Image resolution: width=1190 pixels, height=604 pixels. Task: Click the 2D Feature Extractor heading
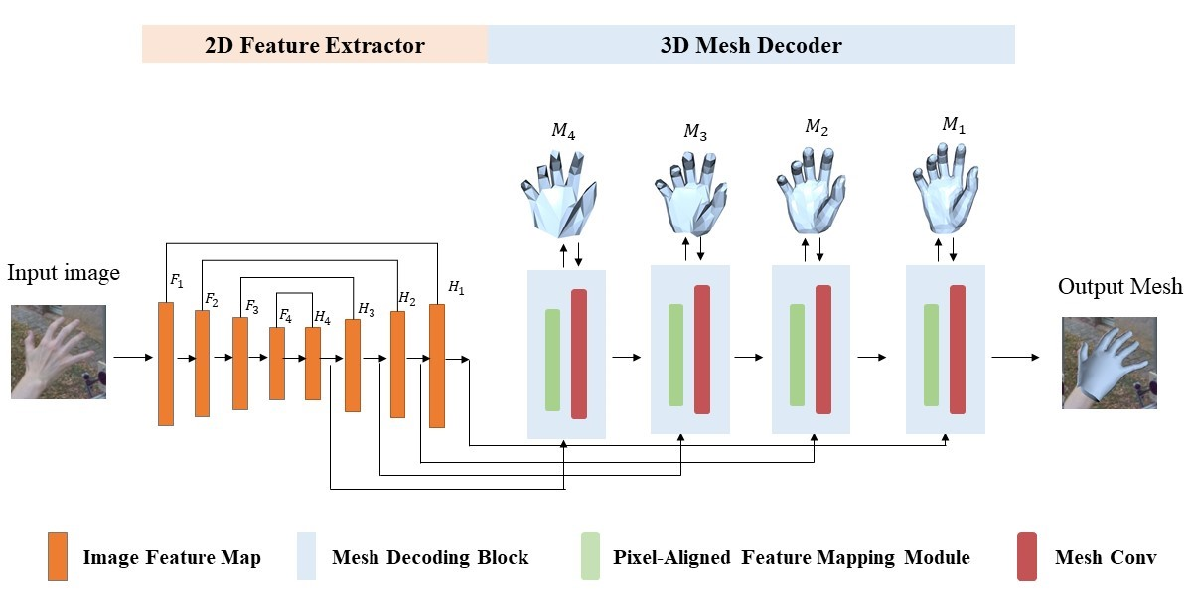314,46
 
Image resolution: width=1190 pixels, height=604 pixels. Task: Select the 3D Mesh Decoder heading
751,46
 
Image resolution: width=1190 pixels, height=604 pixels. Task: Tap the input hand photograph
59,352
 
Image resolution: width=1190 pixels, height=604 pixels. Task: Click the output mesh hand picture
1109,363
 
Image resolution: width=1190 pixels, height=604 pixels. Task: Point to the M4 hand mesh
563,193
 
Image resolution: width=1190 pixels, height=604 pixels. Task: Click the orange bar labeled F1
166,364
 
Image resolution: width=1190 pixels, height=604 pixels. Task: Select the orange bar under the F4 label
277,363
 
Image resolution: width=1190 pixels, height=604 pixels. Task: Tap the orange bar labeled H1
437,366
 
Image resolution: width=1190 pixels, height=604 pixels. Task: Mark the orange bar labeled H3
353,365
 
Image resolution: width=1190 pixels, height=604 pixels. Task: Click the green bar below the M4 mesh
552,360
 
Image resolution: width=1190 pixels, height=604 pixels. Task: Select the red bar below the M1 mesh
958,349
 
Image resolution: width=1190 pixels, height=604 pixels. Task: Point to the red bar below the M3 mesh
702,349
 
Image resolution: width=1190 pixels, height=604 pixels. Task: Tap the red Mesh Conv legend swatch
1027,556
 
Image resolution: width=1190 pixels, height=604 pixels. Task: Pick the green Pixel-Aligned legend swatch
591,556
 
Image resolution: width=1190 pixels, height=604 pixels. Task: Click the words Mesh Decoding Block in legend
430,557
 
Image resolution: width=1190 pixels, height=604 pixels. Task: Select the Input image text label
63,273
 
